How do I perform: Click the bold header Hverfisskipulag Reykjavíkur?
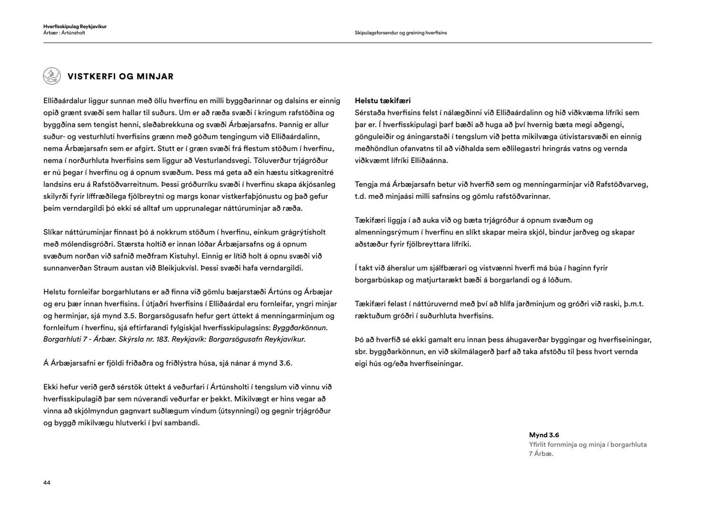(75, 27)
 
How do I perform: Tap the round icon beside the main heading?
(51, 76)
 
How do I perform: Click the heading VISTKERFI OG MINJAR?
(120, 76)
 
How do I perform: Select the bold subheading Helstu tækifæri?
(383, 101)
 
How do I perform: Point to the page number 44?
(47, 483)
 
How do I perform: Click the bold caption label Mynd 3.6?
(544, 435)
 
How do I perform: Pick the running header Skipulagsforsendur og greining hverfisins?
(401, 33)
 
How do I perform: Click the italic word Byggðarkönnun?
(300, 328)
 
